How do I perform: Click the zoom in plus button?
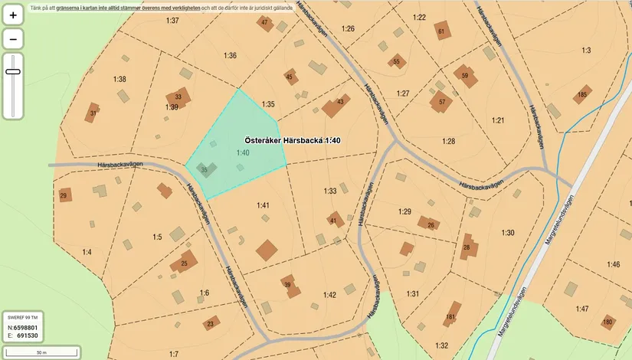[x=13, y=15]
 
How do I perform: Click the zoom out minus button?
[x=13, y=38]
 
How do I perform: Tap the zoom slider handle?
[x=13, y=71]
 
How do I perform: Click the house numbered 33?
[x=179, y=97]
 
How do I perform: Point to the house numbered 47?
[x=265, y=23]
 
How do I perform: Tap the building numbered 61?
[x=442, y=31]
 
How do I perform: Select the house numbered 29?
[x=65, y=195]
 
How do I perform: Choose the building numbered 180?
[x=608, y=322]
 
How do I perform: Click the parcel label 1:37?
[x=172, y=21]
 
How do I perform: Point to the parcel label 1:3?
[x=586, y=51]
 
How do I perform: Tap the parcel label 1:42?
[x=329, y=295]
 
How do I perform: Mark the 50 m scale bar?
[x=41, y=352]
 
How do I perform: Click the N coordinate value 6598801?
[x=26, y=328]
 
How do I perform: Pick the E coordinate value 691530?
[x=28, y=335]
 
